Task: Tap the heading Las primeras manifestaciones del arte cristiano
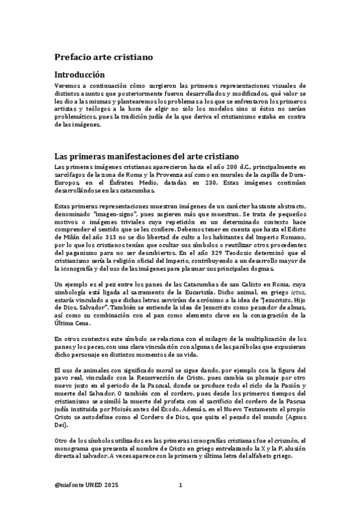click(147, 156)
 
